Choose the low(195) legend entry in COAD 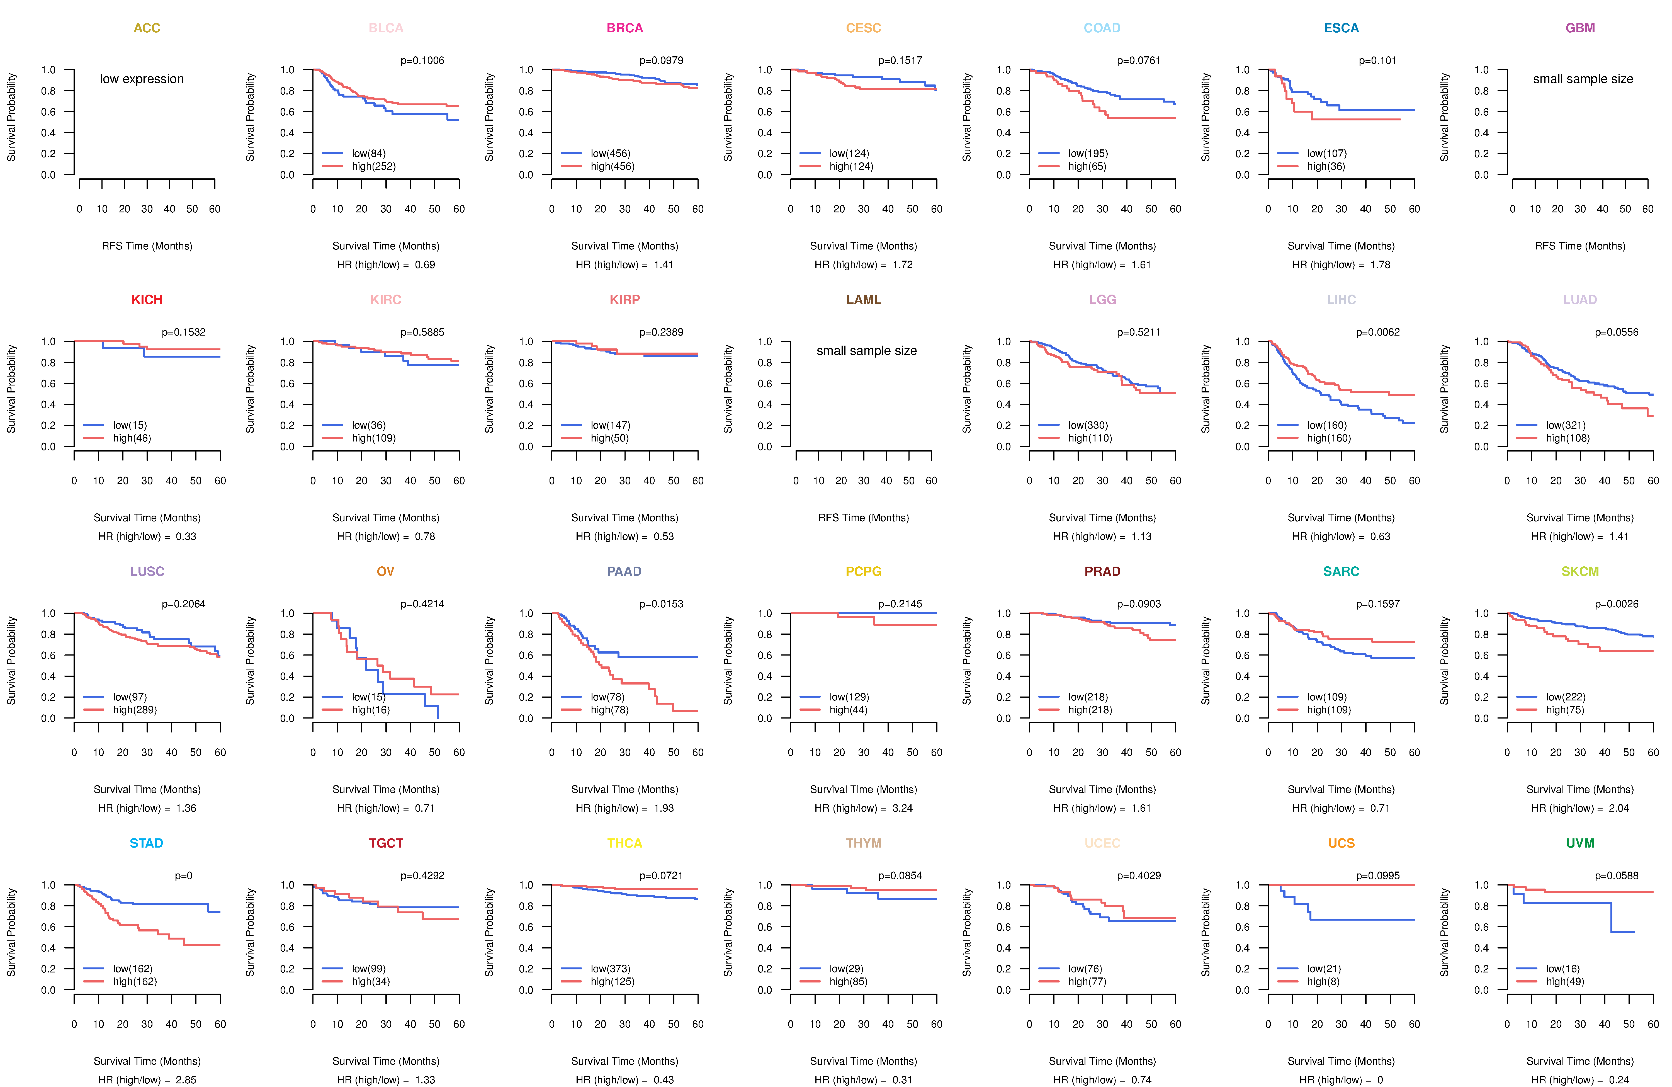tap(1088, 153)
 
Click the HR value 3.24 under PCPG tap(902, 808)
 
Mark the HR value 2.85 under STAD tap(186, 1080)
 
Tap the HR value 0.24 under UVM tap(1618, 1080)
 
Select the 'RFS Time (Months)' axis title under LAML tap(863, 518)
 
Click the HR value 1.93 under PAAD tap(663, 808)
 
